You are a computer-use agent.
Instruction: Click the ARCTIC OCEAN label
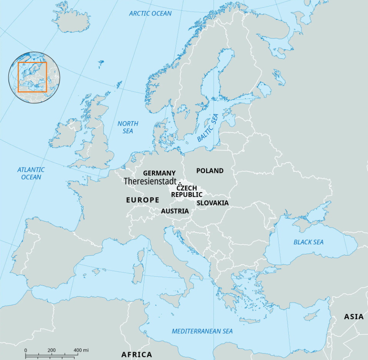(150, 13)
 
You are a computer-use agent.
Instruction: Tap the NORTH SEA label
(128, 127)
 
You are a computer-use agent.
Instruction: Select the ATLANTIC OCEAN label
(31, 173)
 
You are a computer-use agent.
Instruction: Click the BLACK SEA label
(308, 242)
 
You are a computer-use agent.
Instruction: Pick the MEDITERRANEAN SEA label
(202, 331)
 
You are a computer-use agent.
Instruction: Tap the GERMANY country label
(159, 173)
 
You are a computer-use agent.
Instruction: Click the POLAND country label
(210, 171)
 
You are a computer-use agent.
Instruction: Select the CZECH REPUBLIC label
(187, 191)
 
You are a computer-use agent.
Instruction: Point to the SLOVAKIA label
(212, 203)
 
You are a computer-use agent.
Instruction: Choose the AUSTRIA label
(175, 211)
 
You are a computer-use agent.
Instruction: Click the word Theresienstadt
(150, 181)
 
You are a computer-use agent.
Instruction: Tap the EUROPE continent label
(143, 200)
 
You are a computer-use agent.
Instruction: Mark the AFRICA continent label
(137, 354)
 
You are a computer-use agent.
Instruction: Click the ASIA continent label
(353, 317)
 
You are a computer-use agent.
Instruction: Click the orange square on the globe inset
(32, 77)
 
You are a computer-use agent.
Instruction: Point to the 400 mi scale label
(81, 350)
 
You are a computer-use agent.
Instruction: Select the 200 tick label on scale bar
(51, 350)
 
